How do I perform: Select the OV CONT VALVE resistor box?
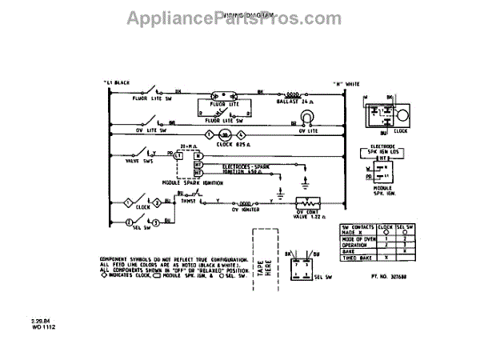coord(305,203)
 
